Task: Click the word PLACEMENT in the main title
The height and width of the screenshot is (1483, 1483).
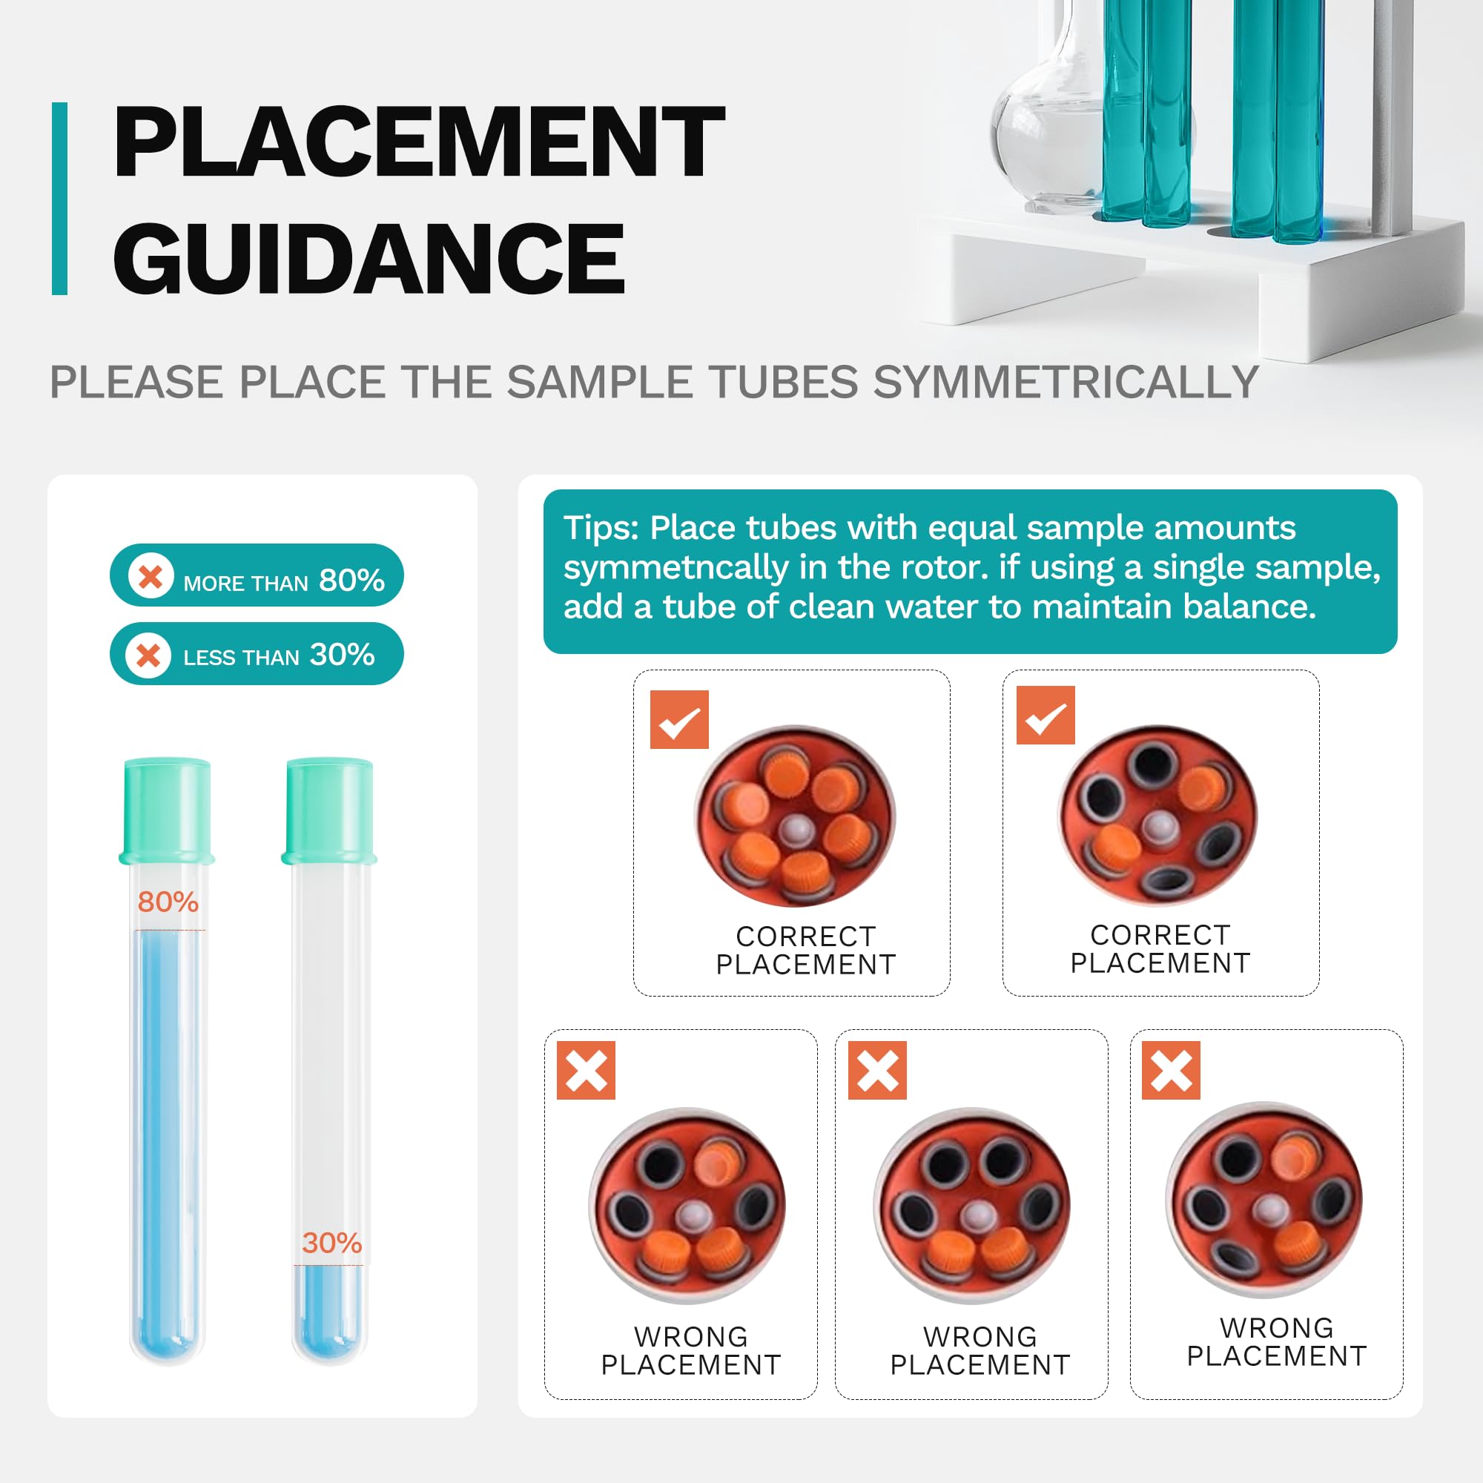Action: [419, 142]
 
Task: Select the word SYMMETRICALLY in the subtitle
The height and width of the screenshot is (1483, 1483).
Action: [1066, 383]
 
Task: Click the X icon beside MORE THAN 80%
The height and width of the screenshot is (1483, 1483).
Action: [151, 575]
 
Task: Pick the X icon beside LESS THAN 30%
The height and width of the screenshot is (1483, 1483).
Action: [148, 655]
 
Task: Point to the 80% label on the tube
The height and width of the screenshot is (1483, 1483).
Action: [168, 902]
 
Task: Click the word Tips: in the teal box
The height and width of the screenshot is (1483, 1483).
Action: [601, 528]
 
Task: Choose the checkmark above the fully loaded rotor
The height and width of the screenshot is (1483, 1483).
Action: [679, 719]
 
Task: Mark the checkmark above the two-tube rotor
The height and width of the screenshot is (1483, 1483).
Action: [1046, 716]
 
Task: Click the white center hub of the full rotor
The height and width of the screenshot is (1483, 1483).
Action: [798, 830]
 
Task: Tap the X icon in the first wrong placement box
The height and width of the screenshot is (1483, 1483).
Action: [586, 1070]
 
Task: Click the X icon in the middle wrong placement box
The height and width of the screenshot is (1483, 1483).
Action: [877, 1070]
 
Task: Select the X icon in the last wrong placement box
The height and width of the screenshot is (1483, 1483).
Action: [1172, 1070]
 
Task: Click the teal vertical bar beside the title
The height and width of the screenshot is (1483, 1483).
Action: [60, 198]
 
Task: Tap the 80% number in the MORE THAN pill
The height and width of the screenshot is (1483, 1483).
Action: [351, 581]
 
